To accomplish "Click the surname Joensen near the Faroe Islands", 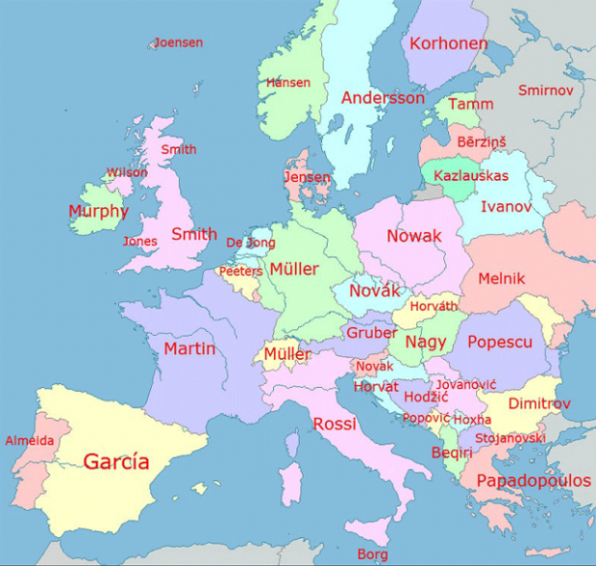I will point(179,42).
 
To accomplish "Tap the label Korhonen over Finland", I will point(448,43).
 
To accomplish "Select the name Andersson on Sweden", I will point(383,98).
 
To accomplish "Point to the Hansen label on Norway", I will point(288,83).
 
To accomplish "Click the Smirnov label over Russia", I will point(545,90).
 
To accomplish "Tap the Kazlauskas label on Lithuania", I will point(471,175).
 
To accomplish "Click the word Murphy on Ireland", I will point(98,211).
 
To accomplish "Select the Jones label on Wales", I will point(140,241).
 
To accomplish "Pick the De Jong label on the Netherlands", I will point(250,243).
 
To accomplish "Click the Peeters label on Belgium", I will point(240,271).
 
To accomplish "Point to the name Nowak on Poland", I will point(414,236).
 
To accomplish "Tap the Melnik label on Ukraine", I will point(502,278).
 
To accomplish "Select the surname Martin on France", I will point(189,348).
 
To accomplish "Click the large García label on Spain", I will point(116,461).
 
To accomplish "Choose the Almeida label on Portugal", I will point(30,441).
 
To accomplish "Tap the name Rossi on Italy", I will point(335,424).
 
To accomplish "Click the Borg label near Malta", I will point(373,554).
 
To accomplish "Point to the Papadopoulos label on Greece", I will point(534,480).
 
